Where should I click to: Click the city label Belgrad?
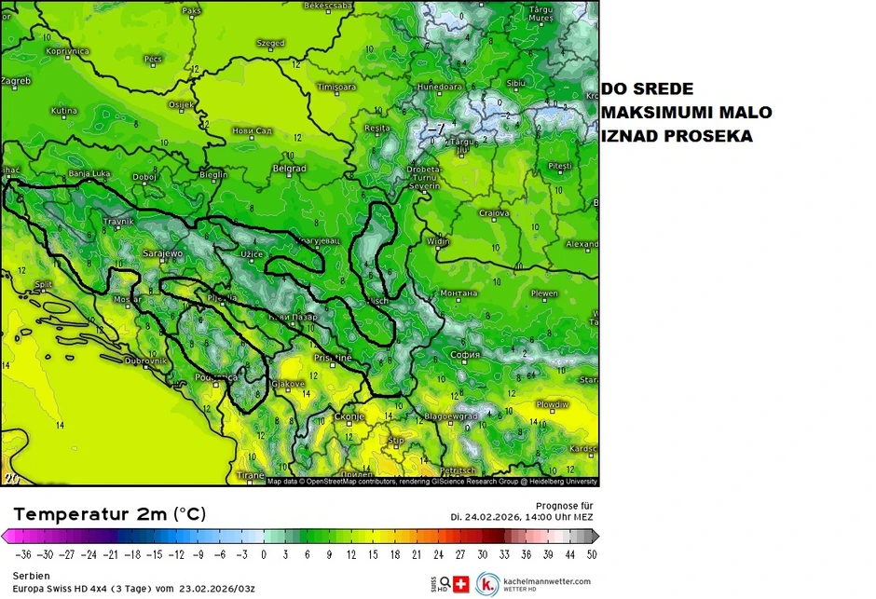click(290, 169)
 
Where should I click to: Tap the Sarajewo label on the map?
click(163, 253)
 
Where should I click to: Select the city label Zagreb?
click(16, 81)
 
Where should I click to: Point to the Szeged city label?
click(270, 43)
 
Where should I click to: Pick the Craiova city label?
click(494, 213)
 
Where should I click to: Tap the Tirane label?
click(251, 475)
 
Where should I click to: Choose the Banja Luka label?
click(89, 173)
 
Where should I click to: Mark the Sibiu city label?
click(515, 83)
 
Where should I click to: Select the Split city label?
click(43, 284)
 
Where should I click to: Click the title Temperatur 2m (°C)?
click(110, 514)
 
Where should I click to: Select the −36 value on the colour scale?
click(15, 554)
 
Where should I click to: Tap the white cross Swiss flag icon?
click(461, 583)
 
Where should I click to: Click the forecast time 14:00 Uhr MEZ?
click(544, 516)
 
